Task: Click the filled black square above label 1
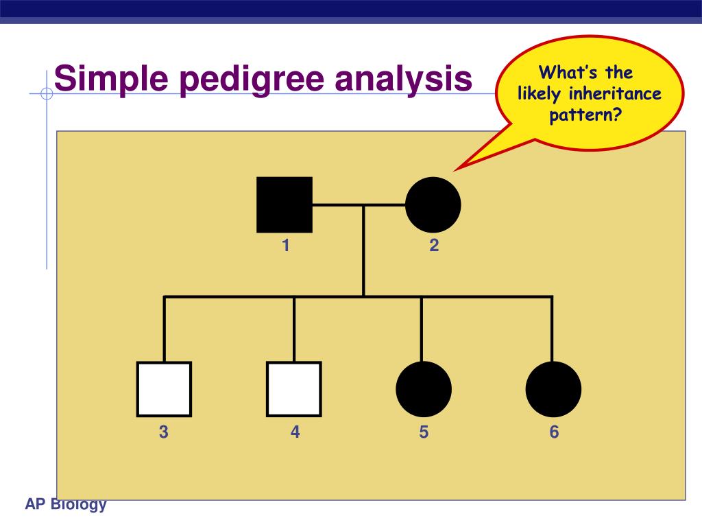click(x=285, y=204)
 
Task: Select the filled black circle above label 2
click(x=433, y=204)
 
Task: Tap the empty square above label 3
click(x=164, y=389)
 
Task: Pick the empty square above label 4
click(x=294, y=389)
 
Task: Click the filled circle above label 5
click(x=424, y=389)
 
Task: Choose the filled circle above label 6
click(x=553, y=389)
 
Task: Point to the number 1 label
click(x=285, y=246)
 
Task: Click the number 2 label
click(x=434, y=246)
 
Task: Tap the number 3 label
click(x=164, y=432)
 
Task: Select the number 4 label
click(x=295, y=432)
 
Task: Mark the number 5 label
click(x=424, y=432)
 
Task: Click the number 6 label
click(x=554, y=432)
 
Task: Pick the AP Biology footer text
click(x=66, y=505)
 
